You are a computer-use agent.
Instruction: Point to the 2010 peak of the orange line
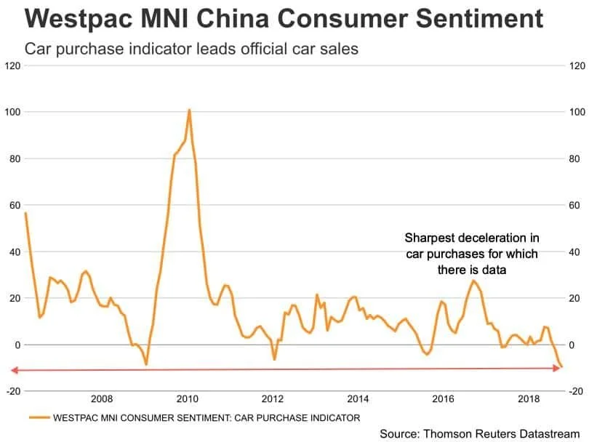coord(189,110)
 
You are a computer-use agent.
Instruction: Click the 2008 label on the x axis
coord(103,399)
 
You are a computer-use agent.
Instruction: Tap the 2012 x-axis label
coord(273,399)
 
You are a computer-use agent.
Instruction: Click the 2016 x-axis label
coord(443,399)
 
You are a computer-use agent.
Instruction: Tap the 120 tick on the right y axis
coord(575,65)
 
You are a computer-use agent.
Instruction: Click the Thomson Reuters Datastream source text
coord(481,434)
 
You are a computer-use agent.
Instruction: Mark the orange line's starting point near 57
coord(25,212)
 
